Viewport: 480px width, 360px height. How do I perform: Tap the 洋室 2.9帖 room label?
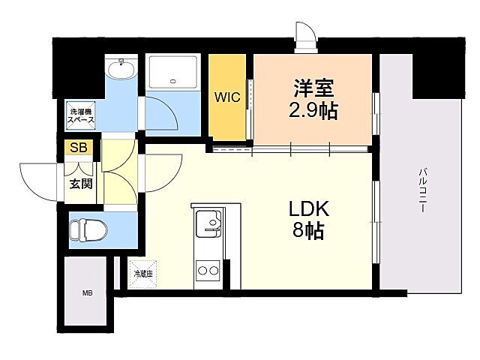click(x=313, y=99)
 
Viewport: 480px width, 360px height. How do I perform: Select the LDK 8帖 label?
click(x=305, y=220)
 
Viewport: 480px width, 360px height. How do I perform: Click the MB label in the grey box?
click(x=88, y=293)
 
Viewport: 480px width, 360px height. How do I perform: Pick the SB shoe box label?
click(x=78, y=147)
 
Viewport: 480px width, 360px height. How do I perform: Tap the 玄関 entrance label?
click(x=80, y=182)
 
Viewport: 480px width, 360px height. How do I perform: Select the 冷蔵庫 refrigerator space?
click(x=142, y=274)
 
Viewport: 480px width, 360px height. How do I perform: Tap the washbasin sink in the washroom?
click(x=120, y=71)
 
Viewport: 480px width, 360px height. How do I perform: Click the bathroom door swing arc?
click(x=160, y=113)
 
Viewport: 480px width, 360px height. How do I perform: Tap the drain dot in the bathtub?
click(x=174, y=81)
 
